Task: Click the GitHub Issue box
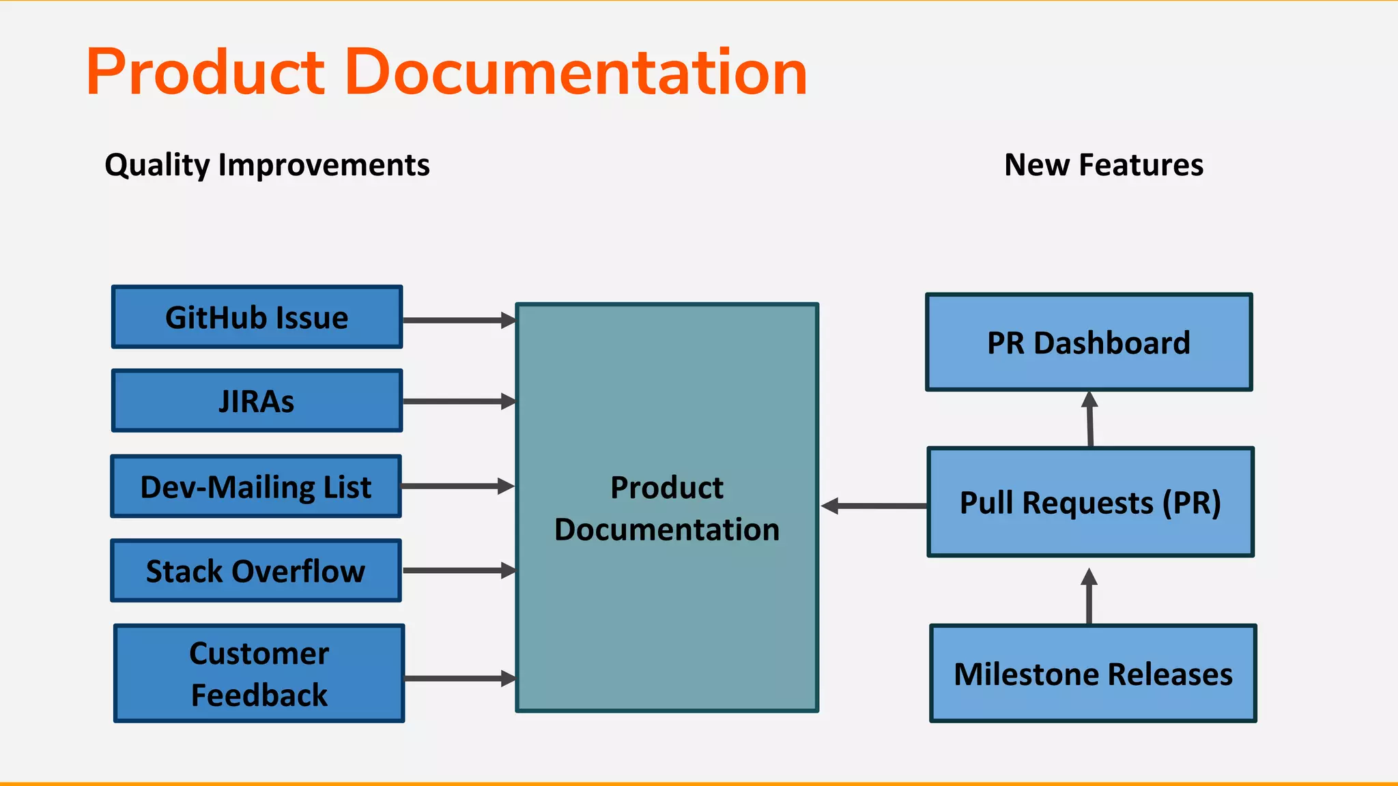click(x=257, y=317)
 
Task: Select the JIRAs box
click(x=257, y=401)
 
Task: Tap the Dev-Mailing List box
click(x=256, y=486)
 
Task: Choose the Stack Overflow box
click(x=256, y=571)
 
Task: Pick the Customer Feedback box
click(x=259, y=673)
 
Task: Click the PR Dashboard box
click(x=1089, y=343)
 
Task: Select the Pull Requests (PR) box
click(x=1090, y=502)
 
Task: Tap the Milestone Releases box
click(x=1093, y=673)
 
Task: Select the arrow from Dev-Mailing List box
click(x=457, y=486)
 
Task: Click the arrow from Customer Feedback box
click(x=459, y=678)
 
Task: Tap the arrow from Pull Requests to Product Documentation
click(x=874, y=506)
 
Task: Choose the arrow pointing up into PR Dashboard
click(x=1090, y=419)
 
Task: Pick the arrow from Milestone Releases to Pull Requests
click(x=1089, y=596)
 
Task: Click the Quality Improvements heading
click(x=267, y=165)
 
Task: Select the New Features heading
click(x=1104, y=165)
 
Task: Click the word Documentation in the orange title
click(x=576, y=72)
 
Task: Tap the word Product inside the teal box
click(x=667, y=487)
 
